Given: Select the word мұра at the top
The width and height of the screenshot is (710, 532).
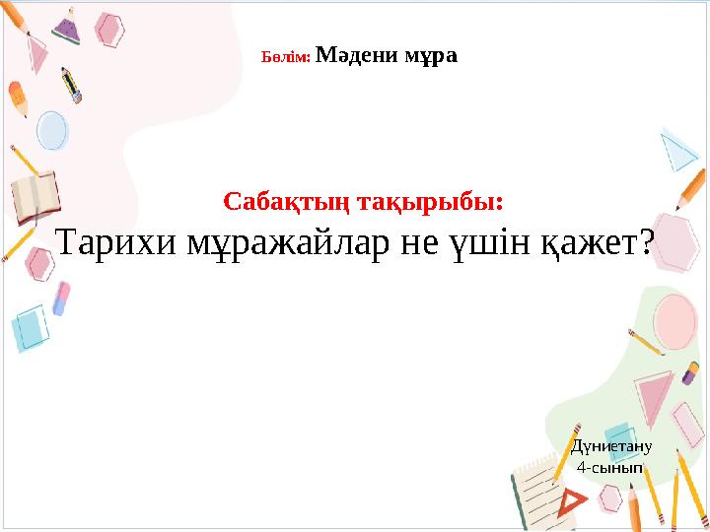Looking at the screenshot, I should pyautogui.click(x=431, y=55).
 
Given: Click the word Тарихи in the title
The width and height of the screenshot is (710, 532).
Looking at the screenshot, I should pyautogui.click(x=116, y=242).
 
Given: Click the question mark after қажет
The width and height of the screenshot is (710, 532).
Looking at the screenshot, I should pyautogui.click(x=648, y=242).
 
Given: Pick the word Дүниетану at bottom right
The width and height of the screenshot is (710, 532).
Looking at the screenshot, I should pyautogui.click(x=611, y=446).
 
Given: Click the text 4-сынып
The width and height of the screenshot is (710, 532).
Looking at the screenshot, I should pyautogui.click(x=611, y=467).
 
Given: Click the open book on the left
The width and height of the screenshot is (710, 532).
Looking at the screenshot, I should pyautogui.click(x=35, y=198).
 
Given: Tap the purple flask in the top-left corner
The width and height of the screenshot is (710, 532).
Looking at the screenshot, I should pyautogui.click(x=67, y=27).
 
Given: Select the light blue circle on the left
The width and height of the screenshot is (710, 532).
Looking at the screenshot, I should pyautogui.click(x=51, y=129).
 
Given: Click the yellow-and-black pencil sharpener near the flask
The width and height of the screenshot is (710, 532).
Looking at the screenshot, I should pyautogui.click(x=71, y=86).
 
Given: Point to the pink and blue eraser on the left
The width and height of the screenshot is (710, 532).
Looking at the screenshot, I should pyautogui.click(x=61, y=299).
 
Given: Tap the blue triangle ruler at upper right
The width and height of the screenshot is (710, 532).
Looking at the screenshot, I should pyautogui.click(x=679, y=149).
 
